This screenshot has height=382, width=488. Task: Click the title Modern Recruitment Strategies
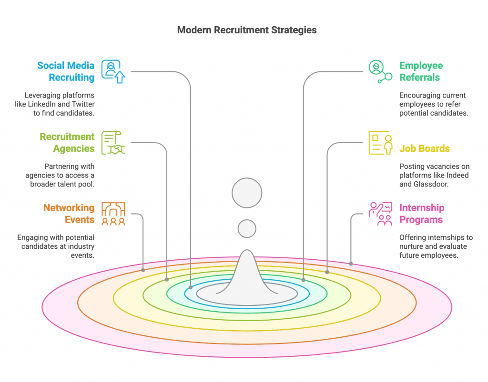246,30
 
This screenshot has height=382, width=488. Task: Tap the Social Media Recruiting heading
66,71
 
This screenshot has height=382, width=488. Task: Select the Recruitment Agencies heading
67,143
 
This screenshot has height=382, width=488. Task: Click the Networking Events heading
69,214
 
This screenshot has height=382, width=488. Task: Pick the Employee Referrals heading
421,71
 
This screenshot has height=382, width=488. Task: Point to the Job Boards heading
424,148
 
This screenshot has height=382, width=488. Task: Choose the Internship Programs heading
421,214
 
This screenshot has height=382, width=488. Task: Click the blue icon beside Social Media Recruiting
113,71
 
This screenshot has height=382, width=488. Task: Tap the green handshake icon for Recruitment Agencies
113,143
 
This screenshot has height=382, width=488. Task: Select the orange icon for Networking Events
113,214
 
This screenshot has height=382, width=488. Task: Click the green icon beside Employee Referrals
379,72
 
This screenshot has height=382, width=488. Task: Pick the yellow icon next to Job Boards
380,143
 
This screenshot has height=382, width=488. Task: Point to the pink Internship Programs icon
380,214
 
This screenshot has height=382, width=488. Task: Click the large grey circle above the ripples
247,193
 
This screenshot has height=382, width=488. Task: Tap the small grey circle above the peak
247,228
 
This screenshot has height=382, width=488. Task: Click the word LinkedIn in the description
45,104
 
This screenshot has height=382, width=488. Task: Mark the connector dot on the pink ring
351,264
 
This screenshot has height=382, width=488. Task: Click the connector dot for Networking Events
143,270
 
